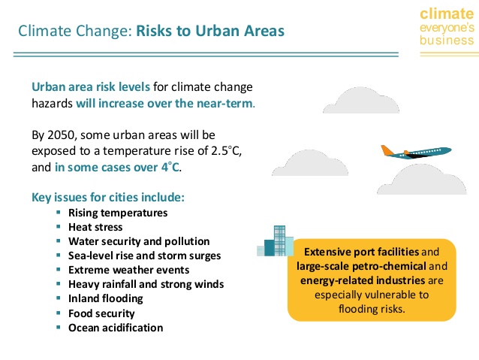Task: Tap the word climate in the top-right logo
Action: pos(447,14)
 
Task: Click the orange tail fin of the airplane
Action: pos(387,150)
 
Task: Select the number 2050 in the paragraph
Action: pos(61,135)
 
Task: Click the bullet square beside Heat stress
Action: pos(59,227)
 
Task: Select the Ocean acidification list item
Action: pos(116,328)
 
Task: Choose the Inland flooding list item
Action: pos(106,298)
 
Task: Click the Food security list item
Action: pos(101,313)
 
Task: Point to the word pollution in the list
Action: pos(187,241)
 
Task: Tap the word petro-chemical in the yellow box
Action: pos(389,266)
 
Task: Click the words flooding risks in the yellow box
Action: pos(372,309)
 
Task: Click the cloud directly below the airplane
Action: pos(422,180)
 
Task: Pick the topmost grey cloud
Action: pos(361,100)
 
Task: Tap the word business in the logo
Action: pos(447,41)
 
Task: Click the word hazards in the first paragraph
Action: pos(52,104)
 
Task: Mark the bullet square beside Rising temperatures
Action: pos(59,212)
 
